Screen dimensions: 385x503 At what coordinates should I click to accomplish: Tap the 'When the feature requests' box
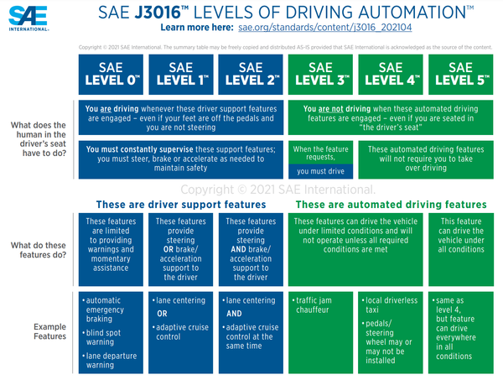pos(319,159)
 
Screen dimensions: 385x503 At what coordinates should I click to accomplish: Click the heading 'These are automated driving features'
pos(391,204)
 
